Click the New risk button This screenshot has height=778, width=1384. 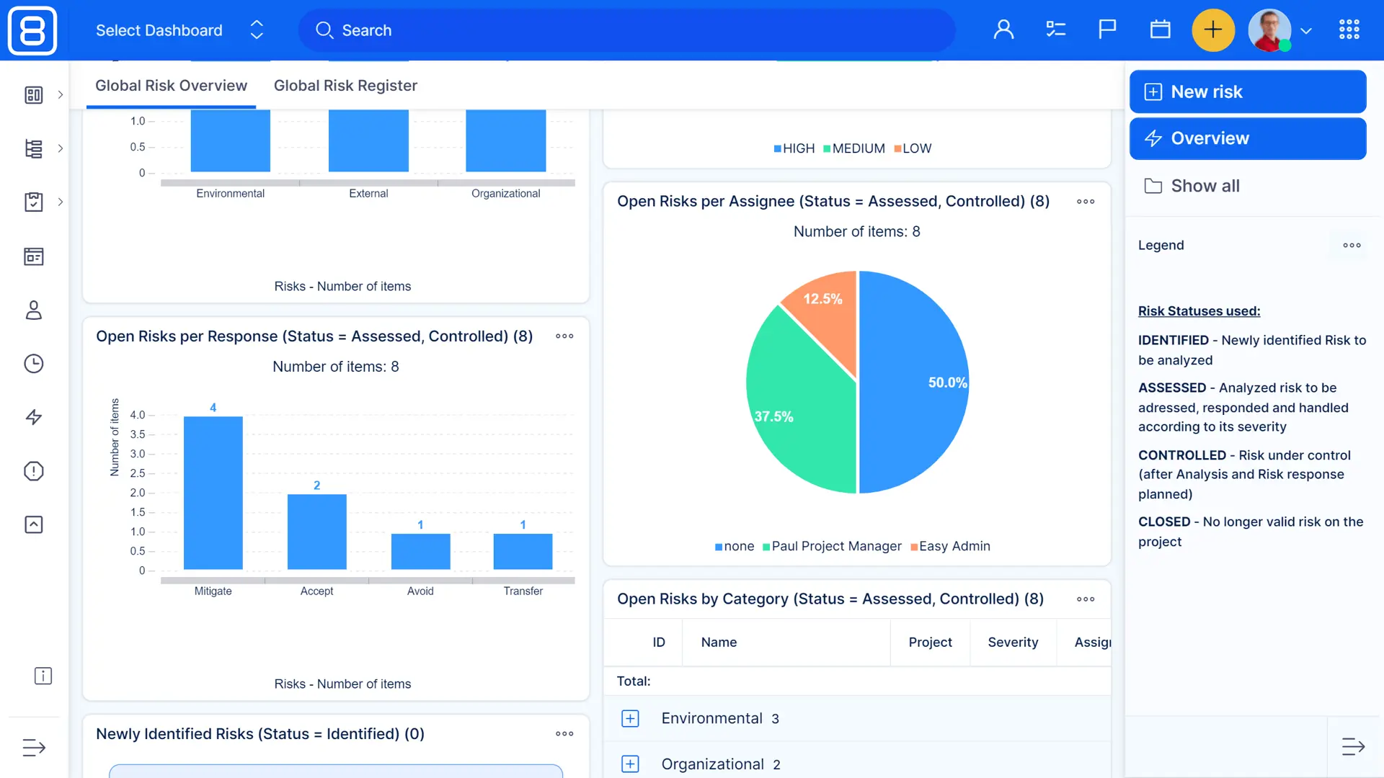[x=1247, y=91]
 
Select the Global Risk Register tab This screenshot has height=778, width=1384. [x=345, y=86]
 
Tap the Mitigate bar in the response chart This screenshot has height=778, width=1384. [x=213, y=493]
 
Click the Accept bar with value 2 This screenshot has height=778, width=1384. [x=316, y=532]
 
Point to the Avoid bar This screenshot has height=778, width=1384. [x=420, y=551]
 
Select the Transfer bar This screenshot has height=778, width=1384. [x=523, y=551]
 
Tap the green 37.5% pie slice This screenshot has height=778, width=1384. [x=793, y=411]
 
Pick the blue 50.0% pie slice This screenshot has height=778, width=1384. [x=915, y=382]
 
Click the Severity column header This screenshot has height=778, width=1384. [x=1013, y=642]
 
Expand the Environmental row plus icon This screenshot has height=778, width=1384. [x=630, y=718]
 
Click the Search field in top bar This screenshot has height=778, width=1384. [x=627, y=30]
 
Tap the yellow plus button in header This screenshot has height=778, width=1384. [x=1213, y=30]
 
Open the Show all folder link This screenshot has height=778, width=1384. [x=1205, y=186]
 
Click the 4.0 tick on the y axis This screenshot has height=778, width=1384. [x=137, y=415]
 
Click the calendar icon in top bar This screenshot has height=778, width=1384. [x=1160, y=30]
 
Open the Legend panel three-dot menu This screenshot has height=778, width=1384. [x=1352, y=245]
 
